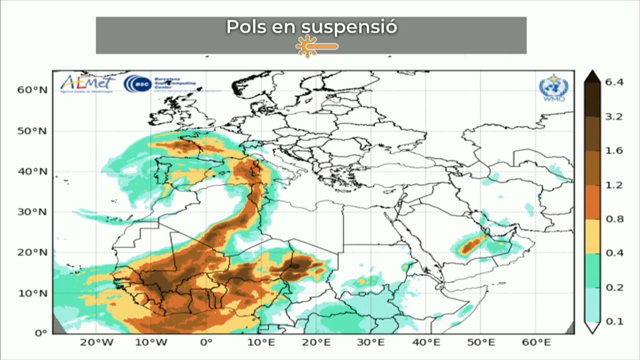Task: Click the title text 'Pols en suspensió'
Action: click(x=312, y=27)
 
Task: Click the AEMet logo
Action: click(x=87, y=83)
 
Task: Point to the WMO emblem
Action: click(x=554, y=87)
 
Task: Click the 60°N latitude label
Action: click(x=32, y=90)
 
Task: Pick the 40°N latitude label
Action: click(x=32, y=172)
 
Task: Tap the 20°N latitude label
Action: click(x=32, y=252)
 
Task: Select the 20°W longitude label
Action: click(x=96, y=342)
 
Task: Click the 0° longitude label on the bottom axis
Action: click(x=206, y=342)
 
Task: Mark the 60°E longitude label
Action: click(x=536, y=342)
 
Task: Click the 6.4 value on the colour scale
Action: click(x=614, y=82)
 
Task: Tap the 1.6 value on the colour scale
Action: click(x=614, y=151)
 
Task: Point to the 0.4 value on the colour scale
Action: click(x=614, y=253)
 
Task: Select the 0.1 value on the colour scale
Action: click(x=614, y=321)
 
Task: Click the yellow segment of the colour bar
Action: click(x=592, y=236)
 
